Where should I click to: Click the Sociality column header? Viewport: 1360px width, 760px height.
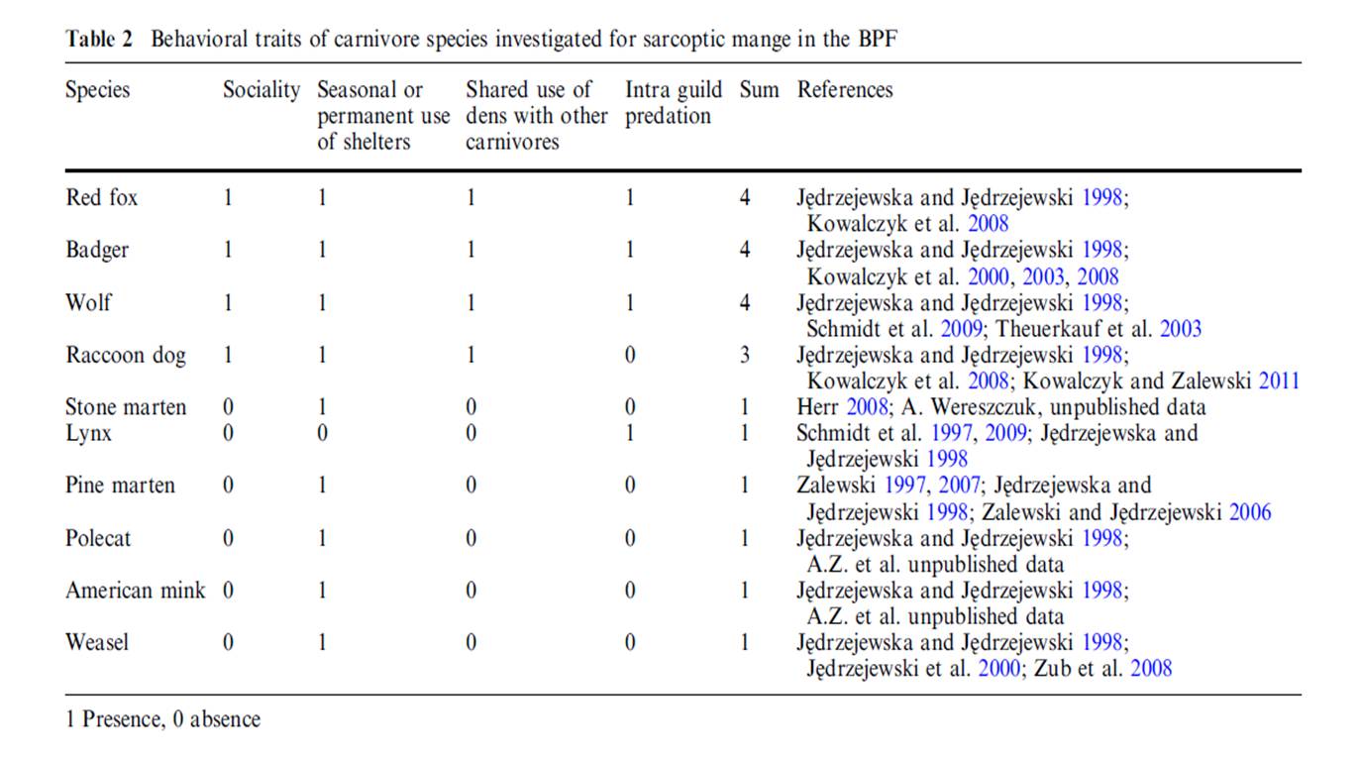point(262,90)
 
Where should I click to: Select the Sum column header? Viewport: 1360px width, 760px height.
point(759,90)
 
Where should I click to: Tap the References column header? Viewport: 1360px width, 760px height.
point(845,90)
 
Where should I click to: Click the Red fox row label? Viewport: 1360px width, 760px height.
point(101,197)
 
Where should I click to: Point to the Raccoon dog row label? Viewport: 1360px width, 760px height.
point(126,355)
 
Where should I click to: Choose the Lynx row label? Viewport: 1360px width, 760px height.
point(88,433)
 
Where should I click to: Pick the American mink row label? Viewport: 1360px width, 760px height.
point(136,591)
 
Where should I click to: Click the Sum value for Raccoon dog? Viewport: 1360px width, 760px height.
point(745,355)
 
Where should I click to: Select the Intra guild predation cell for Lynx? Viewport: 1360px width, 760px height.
point(630,433)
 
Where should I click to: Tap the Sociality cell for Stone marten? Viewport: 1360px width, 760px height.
point(228,407)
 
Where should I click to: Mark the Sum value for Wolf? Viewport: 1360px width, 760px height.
point(745,302)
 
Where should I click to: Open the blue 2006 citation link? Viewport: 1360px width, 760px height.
point(1249,512)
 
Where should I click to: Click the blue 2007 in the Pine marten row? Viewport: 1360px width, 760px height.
point(959,486)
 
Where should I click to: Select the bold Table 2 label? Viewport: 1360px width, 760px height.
point(99,40)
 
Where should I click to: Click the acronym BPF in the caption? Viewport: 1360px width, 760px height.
point(878,40)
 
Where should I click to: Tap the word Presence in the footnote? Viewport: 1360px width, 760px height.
point(122,719)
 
